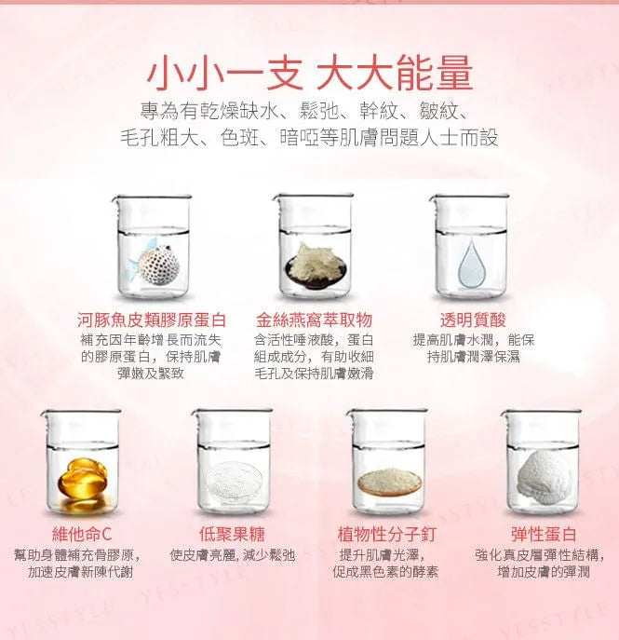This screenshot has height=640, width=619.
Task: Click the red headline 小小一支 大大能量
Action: point(310,74)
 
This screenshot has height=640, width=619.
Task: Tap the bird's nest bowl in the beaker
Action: point(316,266)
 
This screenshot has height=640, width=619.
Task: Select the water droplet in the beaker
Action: point(472,264)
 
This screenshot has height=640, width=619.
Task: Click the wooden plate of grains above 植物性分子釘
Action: point(389,483)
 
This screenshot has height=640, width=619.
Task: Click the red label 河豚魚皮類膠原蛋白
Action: point(152,320)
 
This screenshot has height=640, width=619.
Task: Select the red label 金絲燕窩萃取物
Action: point(314,320)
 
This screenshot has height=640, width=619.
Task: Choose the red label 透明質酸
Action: point(473,320)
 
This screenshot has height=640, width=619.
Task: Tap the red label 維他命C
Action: point(82,534)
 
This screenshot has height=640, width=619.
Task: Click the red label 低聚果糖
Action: point(233,534)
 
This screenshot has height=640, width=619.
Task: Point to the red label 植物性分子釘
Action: point(386,534)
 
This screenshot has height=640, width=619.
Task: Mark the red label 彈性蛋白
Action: point(544,534)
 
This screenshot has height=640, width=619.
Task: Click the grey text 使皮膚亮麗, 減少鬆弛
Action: point(233,555)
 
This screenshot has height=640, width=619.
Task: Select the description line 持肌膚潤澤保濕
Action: point(474,357)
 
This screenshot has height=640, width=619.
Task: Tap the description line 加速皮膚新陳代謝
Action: point(81,572)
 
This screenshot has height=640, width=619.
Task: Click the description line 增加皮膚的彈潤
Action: point(544,572)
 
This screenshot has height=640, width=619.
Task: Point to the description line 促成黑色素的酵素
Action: point(385,572)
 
